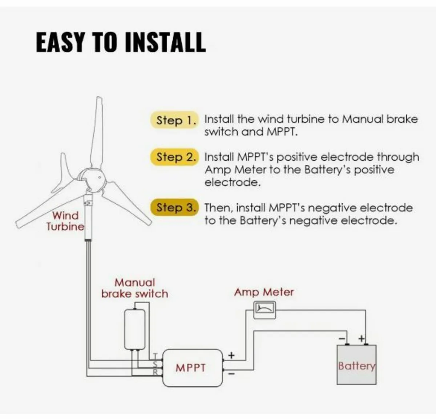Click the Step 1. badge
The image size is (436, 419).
point(175,120)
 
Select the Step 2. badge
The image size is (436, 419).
point(175,157)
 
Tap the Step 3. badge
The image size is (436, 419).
point(175,208)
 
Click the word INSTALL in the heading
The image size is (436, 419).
point(165,42)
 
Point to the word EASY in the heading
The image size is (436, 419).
point(60,42)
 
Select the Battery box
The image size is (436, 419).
point(356,365)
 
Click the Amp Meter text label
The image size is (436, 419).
point(264,292)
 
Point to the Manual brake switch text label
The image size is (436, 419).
point(135,288)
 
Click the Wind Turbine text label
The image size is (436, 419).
point(65,221)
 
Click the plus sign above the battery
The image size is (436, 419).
point(362,338)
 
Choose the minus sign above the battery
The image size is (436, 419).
point(342,338)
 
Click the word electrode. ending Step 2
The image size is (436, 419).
point(233,182)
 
